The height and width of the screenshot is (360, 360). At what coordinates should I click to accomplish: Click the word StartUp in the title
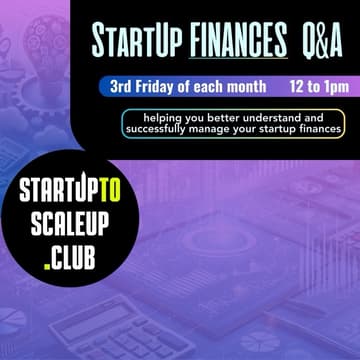pyautogui.click(x=129, y=42)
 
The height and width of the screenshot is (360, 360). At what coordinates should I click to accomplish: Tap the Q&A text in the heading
pyautogui.click(x=322, y=42)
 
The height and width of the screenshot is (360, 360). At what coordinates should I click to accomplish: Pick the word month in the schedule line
pyautogui.click(x=247, y=87)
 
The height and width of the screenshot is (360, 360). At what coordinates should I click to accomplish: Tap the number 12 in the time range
pyautogui.click(x=295, y=87)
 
